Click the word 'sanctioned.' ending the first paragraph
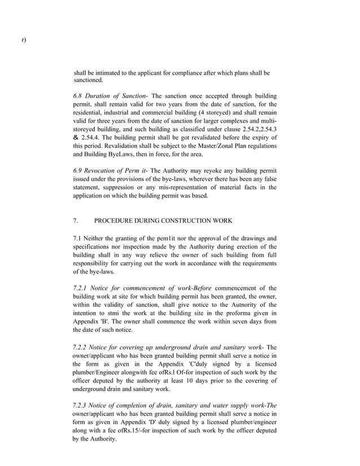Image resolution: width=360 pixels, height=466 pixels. point(89,81)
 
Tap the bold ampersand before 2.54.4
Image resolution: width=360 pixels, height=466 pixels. point(76,137)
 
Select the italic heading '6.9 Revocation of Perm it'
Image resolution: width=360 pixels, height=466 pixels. point(109,170)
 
